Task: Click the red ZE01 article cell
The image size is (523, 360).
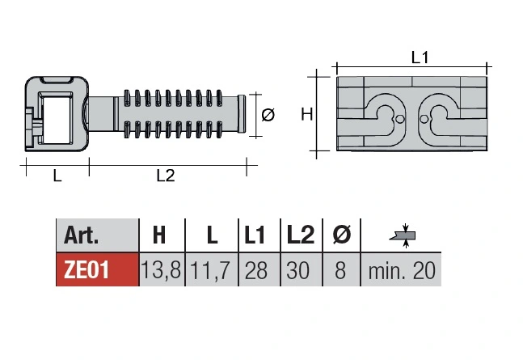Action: (97, 269)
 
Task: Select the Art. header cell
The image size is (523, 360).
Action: (97, 235)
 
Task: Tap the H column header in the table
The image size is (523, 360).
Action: (159, 235)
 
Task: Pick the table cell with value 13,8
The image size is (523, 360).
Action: (162, 269)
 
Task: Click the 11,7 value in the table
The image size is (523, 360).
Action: (210, 270)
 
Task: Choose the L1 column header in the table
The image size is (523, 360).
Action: (255, 235)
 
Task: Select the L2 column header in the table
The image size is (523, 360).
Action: (301, 235)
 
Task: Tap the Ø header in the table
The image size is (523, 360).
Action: (342, 235)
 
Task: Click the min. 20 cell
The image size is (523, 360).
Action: (401, 269)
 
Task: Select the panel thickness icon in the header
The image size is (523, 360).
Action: (403, 235)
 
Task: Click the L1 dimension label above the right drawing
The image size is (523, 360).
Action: (420, 57)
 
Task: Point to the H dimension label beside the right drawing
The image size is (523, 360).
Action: (307, 114)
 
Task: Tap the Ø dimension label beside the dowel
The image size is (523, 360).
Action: (268, 115)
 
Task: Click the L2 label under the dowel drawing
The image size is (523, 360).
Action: (166, 176)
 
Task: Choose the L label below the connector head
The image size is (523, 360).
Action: (57, 176)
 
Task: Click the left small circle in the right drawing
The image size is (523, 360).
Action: (401, 119)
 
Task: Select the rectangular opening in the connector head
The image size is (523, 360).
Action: (57, 118)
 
